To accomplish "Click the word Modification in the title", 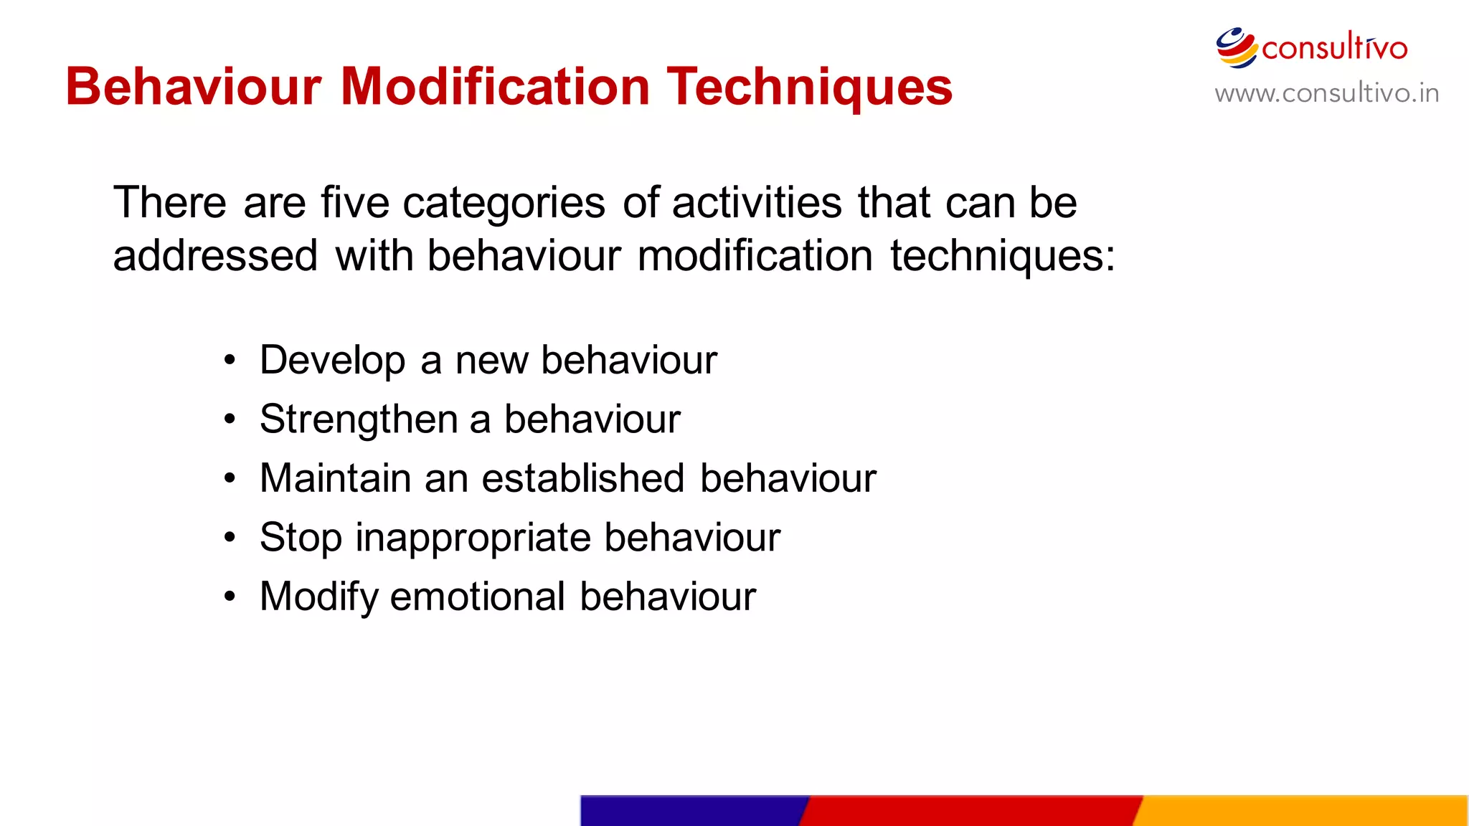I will tap(495, 87).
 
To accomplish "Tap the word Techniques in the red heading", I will tap(810, 87).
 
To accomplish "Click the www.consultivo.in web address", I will tap(1326, 93).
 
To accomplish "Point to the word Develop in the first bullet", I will tap(333, 360).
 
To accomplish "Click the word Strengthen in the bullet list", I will tap(359, 419).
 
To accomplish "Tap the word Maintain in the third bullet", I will tap(335, 478).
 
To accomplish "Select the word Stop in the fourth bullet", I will tap(301, 538).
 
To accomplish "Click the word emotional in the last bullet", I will tap(478, 597).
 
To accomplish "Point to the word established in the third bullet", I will tap(582, 478).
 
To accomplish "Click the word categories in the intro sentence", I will tap(504, 204).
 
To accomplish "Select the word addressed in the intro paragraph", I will tap(215, 256).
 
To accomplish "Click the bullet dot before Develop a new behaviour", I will tap(229, 360).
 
